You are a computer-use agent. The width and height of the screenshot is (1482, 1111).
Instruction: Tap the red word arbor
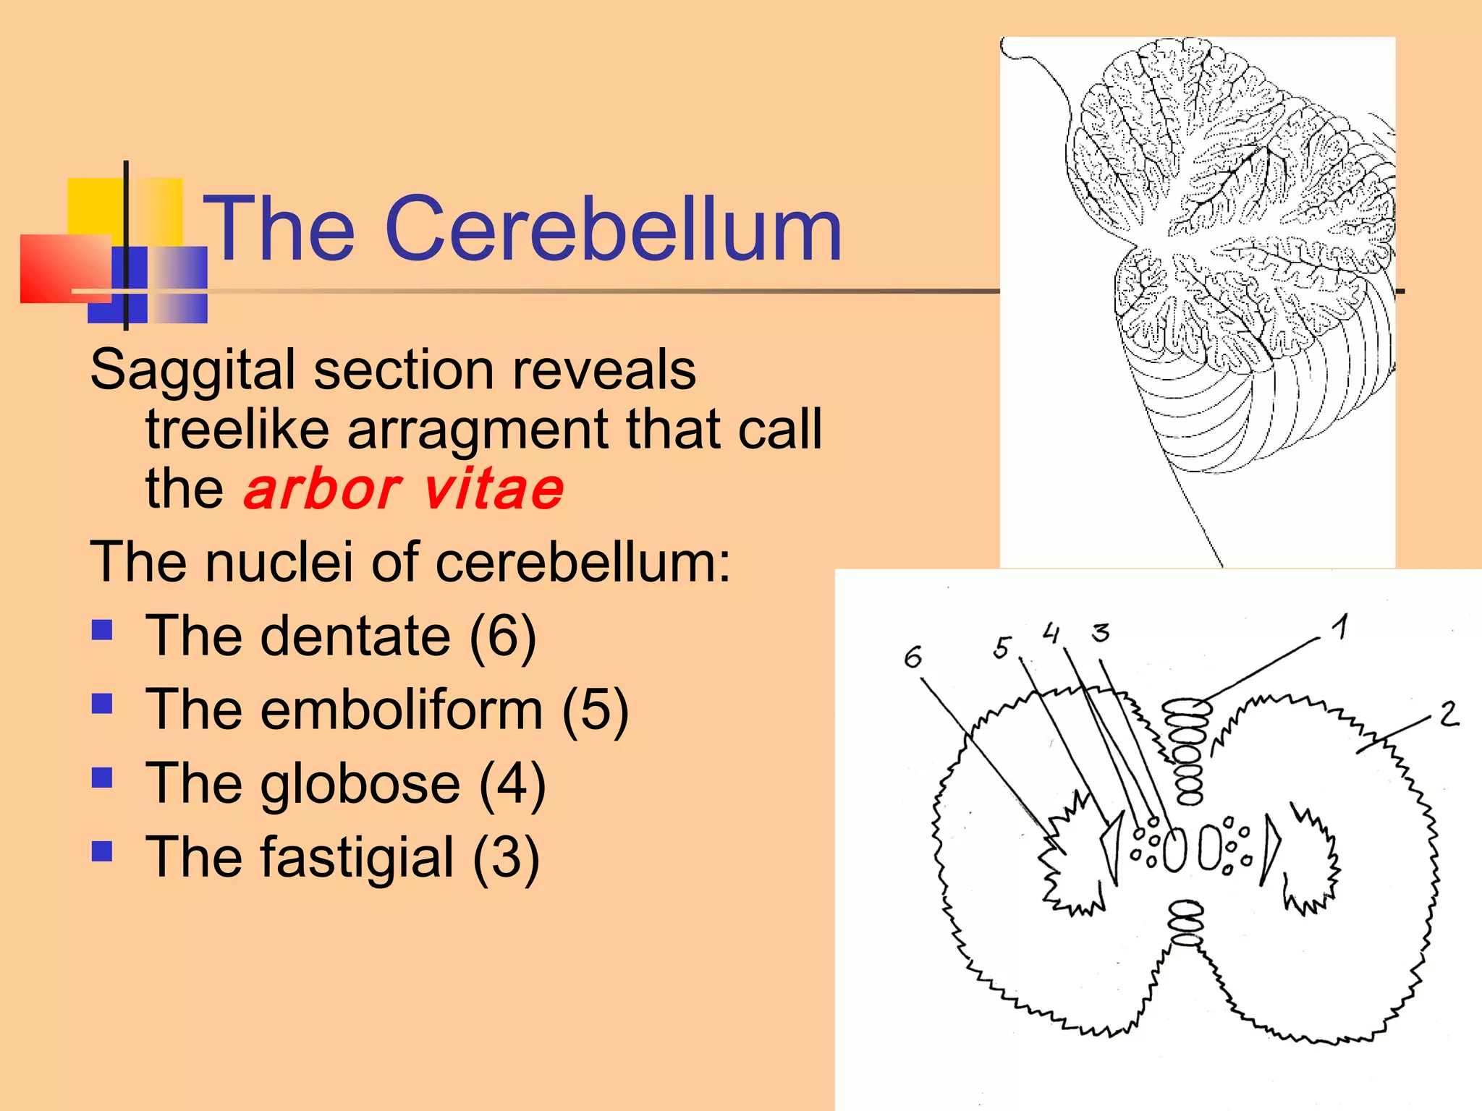tap(322, 490)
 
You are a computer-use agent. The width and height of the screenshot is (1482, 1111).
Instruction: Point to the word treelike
tap(237, 430)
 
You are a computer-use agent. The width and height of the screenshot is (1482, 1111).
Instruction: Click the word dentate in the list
tap(355, 635)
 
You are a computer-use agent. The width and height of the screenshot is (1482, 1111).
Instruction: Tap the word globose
tap(360, 783)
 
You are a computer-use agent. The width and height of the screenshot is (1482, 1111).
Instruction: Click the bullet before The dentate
tap(102, 630)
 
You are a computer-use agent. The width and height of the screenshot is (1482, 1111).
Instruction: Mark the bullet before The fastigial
tap(102, 851)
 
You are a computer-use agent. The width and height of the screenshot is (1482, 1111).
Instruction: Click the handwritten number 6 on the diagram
tap(913, 657)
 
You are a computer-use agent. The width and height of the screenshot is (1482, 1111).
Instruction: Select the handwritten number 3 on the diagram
tap(1101, 633)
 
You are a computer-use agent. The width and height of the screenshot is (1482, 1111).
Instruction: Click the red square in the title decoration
tap(65, 268)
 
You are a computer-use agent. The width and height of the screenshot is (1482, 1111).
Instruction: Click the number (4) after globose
tap(512, 783)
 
